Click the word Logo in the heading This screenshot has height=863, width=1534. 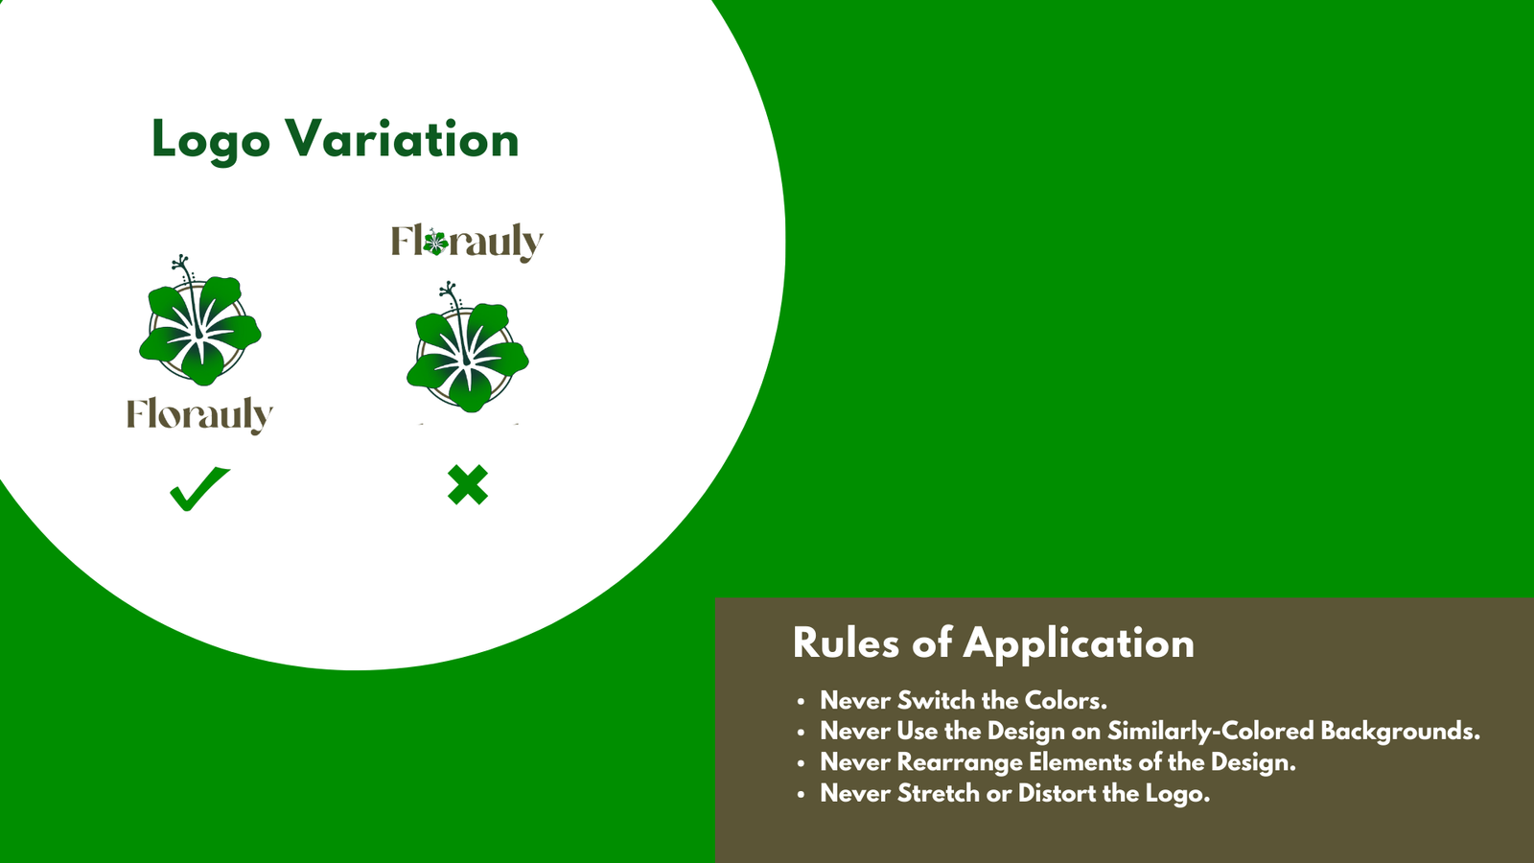(211, 140)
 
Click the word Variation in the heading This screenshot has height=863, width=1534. (402, 138)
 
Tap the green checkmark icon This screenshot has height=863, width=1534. (199, 488)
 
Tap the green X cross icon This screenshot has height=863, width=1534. (468, 485)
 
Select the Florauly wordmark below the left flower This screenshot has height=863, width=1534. (200, 415)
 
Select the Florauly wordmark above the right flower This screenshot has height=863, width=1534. (467, 242)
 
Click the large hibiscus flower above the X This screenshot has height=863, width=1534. (468, 347)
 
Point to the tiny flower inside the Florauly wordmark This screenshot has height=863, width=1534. (435, 242)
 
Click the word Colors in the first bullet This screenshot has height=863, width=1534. (1065, 700)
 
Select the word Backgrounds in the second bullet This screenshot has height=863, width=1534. (1401, 732)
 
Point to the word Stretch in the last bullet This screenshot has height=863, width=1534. (939, 793)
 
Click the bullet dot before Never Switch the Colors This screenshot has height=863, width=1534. (801, 701)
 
